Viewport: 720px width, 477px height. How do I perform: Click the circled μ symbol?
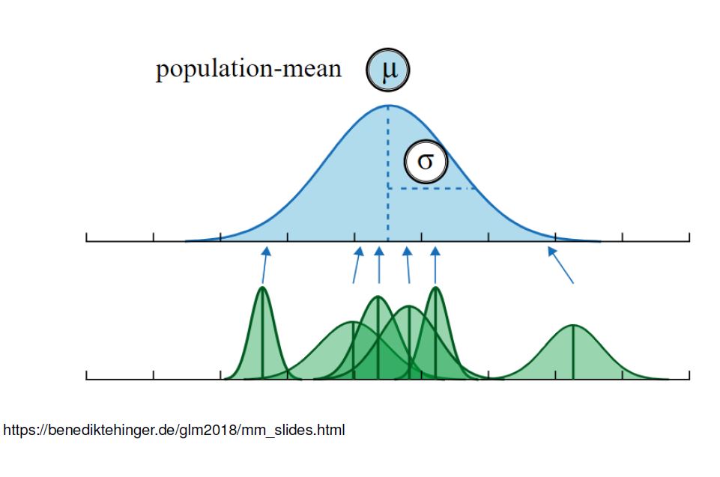pos(388,71)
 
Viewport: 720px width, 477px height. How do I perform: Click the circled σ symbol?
pos(425,161)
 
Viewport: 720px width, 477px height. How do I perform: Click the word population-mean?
pos(248,70)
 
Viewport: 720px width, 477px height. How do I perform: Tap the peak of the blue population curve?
pos(388,106)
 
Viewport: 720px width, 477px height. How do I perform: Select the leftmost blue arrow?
pos(264,265)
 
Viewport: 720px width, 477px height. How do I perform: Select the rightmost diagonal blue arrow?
pos(561,265)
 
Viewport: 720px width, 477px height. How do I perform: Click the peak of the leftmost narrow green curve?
pos(262,288)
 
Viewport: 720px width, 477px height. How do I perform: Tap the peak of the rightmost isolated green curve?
pos(573,325)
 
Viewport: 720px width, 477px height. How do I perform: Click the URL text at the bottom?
pos(174,431)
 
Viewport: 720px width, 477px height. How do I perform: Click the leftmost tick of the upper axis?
pos(87,237)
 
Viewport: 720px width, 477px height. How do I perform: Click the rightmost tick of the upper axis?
pos(689,237)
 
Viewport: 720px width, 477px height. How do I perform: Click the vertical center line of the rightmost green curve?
pos(573,352)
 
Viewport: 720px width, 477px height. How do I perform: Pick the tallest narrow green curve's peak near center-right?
pos(435,288)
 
